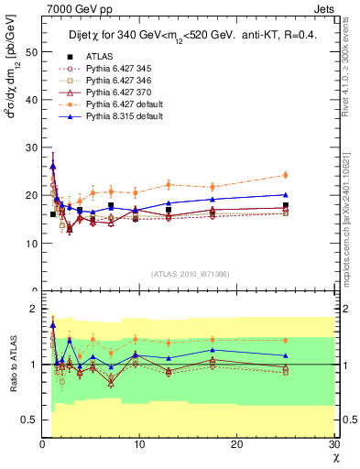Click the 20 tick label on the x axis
[x=237, y=445]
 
